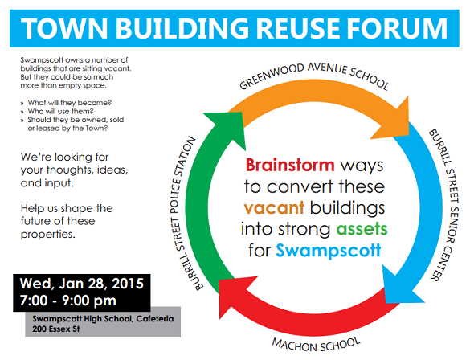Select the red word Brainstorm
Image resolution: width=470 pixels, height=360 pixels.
290,165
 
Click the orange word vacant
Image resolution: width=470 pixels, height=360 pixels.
274,207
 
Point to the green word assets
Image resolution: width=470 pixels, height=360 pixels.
362,229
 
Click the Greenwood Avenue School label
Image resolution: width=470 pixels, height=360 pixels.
314,76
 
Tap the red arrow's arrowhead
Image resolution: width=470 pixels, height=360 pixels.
233,295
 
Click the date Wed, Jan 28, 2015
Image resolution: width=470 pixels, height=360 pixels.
81,284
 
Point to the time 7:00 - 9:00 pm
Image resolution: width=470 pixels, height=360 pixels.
68,301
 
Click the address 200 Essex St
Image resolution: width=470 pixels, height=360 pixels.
56,329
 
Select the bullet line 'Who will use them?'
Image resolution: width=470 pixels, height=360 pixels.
60,111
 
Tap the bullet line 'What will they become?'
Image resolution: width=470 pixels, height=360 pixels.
70,103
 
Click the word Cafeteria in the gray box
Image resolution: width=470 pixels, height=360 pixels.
155,318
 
